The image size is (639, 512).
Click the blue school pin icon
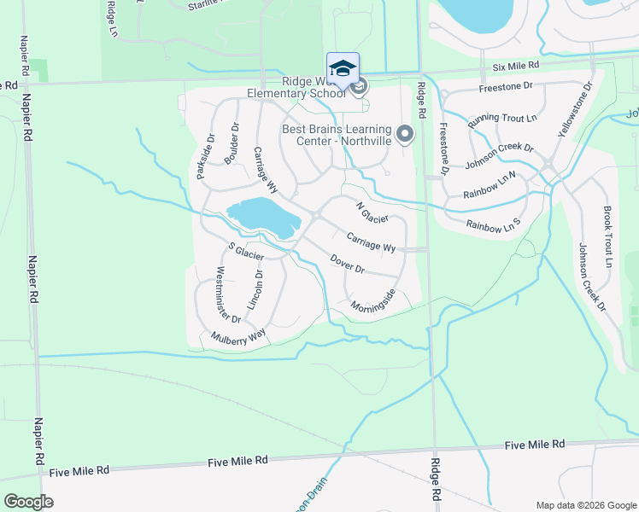tap(343, 68)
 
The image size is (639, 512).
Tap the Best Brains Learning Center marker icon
tap(406, 134)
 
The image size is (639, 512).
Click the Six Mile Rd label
tap(515, 65)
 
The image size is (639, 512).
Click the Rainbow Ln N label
tap(490, 186)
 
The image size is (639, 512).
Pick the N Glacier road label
tap(372, 212)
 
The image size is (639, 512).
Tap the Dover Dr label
tap(347, 265)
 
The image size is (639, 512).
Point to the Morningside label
tap(372, 300)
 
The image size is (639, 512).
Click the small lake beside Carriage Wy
tap(262, 217)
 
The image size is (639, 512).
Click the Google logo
tap(28, 501)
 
